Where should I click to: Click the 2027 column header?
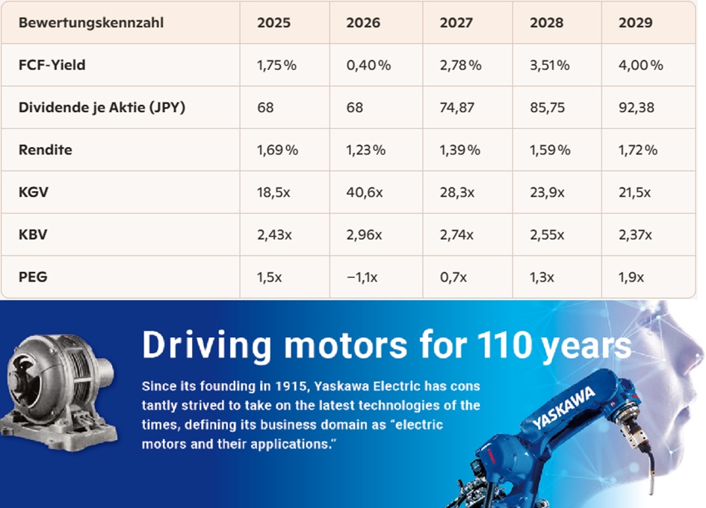click(x=456, y=22)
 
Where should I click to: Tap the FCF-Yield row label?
click(x=52, y=65)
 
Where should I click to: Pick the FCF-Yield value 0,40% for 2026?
click(x=368, y=65)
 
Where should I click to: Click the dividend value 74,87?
click(x=457, y=108)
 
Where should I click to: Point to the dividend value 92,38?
click(x=637, y=108)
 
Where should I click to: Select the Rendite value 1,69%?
click(x=277, y=150)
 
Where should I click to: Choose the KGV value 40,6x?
click(x=365, y=193)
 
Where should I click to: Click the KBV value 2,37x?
click(x=635, y=235)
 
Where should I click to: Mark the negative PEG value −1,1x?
click(x=362, y=277)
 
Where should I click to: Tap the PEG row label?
click(x=33, y=276)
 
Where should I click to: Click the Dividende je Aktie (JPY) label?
click(x=102, y=108)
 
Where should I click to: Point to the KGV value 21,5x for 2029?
click(x=634, y=193)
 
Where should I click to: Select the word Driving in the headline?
click(x=207, y=346)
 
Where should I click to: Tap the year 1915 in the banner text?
click(x=291, y=386)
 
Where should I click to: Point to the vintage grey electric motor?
click(x=58, y=391)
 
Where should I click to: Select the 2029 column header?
click(x=635, y=22)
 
